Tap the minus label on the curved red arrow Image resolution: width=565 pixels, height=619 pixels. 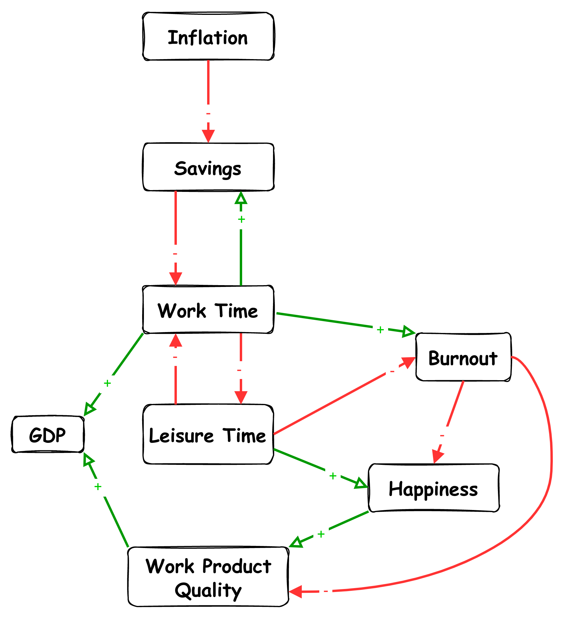coord(326,591)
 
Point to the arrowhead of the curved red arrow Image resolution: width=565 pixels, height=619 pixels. coord(295,592)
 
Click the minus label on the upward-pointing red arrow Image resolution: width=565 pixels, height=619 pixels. coord(175,357)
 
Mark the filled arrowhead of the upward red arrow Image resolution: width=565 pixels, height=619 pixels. coord(176,341)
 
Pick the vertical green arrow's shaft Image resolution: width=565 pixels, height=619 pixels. coord(241,261)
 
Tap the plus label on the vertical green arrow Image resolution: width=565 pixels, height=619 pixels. coord(241,220)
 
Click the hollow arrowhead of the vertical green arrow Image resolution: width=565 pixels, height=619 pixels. coord(241,198)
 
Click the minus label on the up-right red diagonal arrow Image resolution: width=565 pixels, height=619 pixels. coord(392,371)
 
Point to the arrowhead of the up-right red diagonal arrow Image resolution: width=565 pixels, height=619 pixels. coord(409,361)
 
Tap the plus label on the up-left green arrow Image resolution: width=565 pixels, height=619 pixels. coord(98,488)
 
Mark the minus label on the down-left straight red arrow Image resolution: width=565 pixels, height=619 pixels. coord(442,435)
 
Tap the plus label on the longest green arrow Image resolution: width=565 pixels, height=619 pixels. coord(380,331)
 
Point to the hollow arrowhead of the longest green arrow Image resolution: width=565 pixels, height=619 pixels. coord(408,331)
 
